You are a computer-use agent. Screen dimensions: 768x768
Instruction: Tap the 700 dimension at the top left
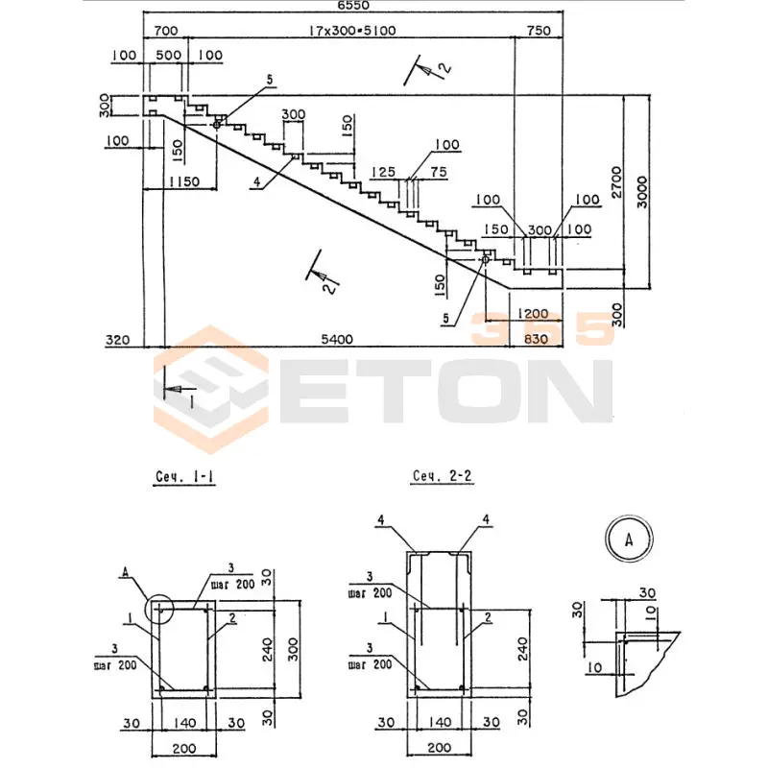[164, 31]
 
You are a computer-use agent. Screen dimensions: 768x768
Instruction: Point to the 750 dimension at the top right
[539, 31]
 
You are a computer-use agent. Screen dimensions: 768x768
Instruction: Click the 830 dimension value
[539, 339]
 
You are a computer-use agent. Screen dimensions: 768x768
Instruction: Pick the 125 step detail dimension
[384, 172]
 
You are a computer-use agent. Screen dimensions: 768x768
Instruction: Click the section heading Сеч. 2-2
[442, 476]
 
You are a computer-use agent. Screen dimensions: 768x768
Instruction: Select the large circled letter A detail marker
[630, 539]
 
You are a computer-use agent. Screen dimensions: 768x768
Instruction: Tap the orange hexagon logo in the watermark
[210, 390]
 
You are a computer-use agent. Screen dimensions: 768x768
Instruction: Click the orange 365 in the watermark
[541, 329]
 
